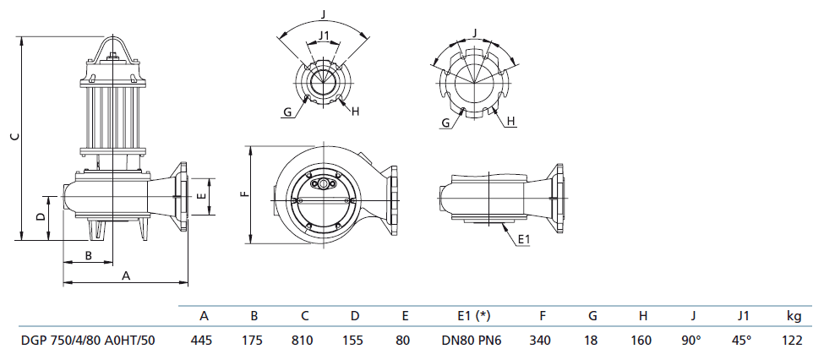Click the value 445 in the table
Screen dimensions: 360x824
(204, 341)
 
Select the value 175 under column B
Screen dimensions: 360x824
(254, 341)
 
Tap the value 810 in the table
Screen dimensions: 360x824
(305, 341)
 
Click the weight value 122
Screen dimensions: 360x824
(794, 341)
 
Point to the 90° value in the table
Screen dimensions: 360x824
(692, 341)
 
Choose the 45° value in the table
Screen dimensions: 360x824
(743, 341)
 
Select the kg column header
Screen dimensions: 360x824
(794, 316)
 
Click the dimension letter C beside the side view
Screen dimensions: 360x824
(12, 137)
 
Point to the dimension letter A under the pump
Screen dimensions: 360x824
(127, 275)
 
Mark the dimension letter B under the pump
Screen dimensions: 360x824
(87, 255)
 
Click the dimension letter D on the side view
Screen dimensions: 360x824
(40, 217)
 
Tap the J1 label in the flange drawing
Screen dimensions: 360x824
(323, 35)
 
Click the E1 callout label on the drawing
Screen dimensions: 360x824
(523, 240)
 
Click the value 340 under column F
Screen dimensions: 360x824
(540, 341)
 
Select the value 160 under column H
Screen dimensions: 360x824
(642, 341)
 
